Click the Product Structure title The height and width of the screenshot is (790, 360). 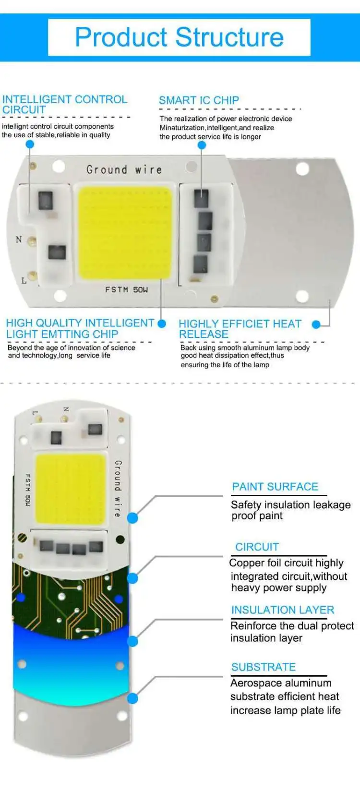click(179, 37)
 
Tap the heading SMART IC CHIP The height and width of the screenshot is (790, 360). click(199, 100)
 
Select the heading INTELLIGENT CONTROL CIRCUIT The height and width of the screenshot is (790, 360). click(64, 104)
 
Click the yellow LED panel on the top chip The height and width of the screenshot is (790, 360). click(125, 233)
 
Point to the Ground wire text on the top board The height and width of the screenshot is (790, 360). click(124, 169)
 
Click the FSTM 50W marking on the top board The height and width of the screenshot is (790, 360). click(126, 289)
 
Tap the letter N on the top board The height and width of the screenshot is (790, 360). click(19, 239)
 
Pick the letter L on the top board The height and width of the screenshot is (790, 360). click(24, 280)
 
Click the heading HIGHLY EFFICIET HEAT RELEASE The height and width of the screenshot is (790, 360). click(240, 329)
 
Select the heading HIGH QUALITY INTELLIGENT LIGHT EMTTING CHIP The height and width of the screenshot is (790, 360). click(80, 328)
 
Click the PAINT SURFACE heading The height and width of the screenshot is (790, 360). click(275, 487)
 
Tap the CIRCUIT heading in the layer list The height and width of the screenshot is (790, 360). click(257, 547)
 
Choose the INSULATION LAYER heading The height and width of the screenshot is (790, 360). click(282, 610)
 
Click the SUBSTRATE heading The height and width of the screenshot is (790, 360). click(264, 667)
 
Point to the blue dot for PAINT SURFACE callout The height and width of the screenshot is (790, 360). click(132, 518)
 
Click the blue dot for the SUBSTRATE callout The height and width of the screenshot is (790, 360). click(132, 698)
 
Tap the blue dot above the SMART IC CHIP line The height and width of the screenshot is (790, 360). click(202, 145)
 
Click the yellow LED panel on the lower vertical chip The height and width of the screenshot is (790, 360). click(71, 488)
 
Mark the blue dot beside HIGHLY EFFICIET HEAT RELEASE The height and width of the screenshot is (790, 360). click(316, 325)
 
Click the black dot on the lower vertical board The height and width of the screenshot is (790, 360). click(120, 539)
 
